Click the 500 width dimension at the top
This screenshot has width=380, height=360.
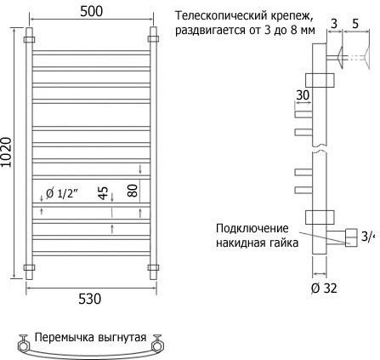91,11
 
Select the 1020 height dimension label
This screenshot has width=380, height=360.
6,152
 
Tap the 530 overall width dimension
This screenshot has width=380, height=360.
89,299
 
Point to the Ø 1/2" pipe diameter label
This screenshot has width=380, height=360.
62,194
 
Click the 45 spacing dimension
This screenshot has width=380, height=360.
104,193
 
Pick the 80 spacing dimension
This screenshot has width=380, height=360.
133,191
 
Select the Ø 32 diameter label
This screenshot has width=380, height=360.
324,289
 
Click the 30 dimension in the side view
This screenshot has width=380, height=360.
303,95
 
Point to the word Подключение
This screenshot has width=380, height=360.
252,229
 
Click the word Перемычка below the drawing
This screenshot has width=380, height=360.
64,338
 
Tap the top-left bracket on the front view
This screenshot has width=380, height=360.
29,39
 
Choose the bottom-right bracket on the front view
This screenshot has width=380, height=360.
153,267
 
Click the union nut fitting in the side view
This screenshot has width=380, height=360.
352,237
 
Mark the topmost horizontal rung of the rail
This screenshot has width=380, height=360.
91,53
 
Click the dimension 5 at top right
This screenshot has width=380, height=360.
355,24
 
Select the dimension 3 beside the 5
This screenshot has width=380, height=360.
334,24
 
